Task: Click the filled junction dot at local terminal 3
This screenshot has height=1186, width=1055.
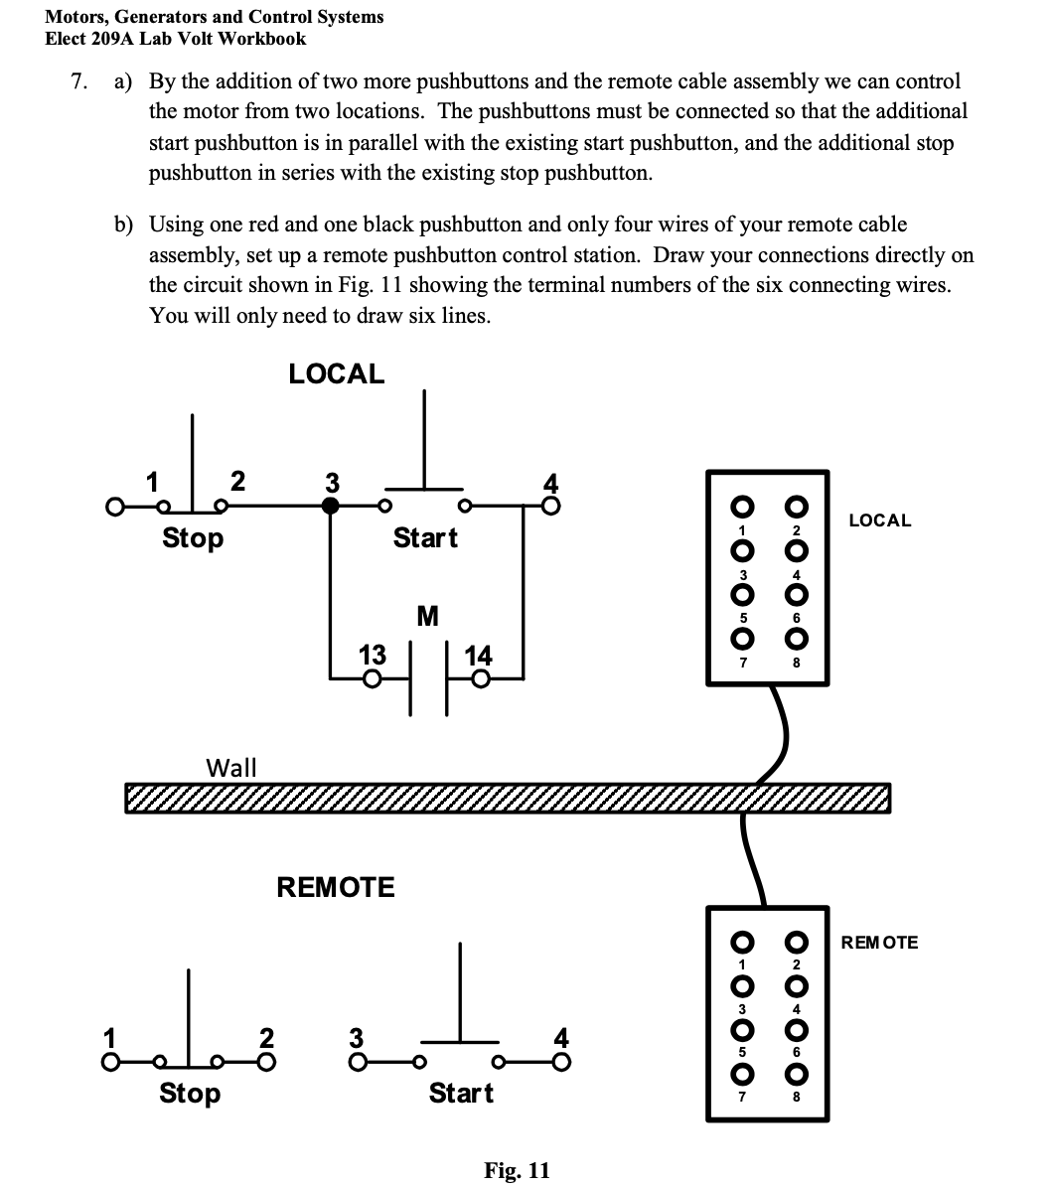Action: coord(331,506)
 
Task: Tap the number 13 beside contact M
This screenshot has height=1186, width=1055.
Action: coord(372,656)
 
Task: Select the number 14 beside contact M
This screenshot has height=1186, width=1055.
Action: coord(478,656)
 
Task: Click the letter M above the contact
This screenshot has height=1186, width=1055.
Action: coord(427,617)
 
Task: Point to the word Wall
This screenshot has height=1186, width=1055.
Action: coord(230,767)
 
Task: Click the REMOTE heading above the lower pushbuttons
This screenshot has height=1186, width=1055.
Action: coord(335,887)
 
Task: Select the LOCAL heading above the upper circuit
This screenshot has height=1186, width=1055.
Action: coord(336,374)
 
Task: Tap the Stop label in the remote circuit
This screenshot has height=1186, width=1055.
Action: coord(190,1094)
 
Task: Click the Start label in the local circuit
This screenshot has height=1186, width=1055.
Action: coord(425,538)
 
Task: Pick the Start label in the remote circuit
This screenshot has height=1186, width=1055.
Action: coord(461,1094)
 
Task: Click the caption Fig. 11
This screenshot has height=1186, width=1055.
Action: coord(517,1170)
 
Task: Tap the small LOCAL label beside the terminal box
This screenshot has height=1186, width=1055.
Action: coord(879,520)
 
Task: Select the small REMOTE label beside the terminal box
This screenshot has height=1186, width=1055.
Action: coord(879,942)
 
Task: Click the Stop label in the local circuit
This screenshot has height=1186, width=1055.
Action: coord(193,538)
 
